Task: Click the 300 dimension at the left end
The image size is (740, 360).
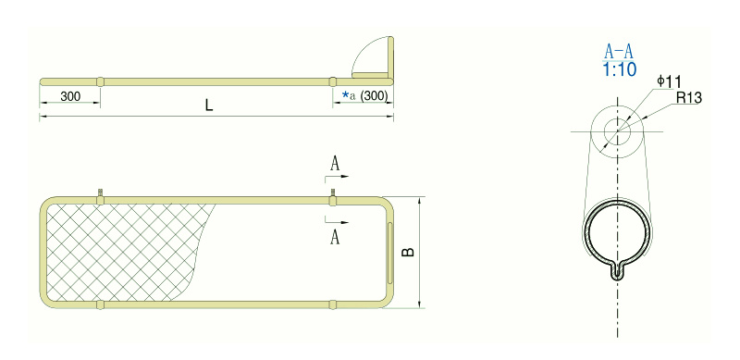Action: [70, 96]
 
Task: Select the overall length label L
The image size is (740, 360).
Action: [209, 106]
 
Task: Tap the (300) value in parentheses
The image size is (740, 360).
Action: [374, 96]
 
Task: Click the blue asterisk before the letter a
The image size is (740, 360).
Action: [345, 95]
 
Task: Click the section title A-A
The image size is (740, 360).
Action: [619, 52]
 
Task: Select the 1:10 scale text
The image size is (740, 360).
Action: [619, 70]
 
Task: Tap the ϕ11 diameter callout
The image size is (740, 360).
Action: [670, 81]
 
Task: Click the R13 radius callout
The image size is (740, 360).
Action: [689, 98]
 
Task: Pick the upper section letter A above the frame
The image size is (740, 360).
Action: [335, 164]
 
